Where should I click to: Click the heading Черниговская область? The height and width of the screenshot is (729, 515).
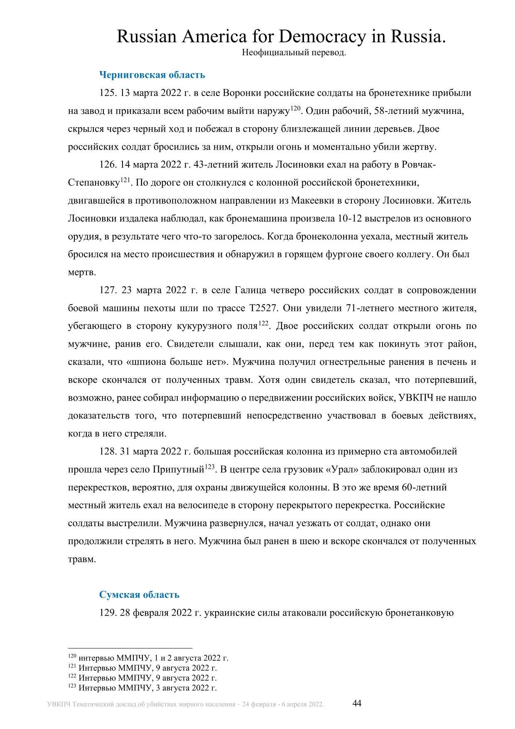tap(152, 75)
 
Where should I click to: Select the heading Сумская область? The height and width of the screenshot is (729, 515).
tap(139, 594)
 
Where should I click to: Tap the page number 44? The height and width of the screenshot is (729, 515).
tap(357, 703)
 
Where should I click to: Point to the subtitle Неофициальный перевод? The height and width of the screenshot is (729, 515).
tap(294, 53)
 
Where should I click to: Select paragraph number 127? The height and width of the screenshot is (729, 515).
tap(108, 290)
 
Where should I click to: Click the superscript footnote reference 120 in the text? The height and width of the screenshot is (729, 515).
tap(295, 108)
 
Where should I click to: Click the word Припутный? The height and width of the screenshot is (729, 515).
tap(179, 470)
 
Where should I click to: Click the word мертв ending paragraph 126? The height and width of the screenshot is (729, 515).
tap(81, 272)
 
